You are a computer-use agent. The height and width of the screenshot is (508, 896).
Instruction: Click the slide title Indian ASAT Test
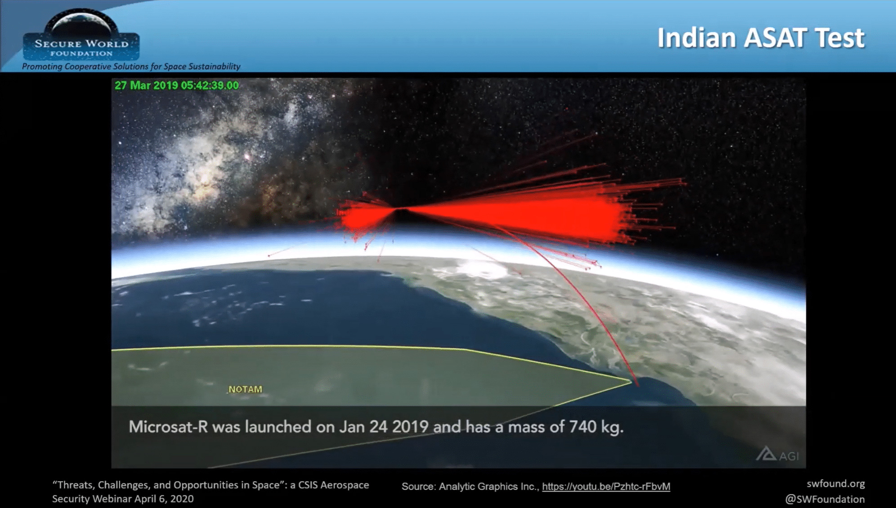pyautogui.click(x=761, y=37)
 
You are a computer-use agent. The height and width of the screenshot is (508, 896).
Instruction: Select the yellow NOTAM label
pyautogui.click(x=245, y=389)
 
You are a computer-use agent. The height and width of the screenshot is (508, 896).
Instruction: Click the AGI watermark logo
pyautogui.click(x=778, y=454)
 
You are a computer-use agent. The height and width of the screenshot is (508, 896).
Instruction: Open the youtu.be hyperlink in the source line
pyautogui.click(x=606, y=486)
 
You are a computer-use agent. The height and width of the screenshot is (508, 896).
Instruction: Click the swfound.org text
pyautogui.click(x=836, y=484)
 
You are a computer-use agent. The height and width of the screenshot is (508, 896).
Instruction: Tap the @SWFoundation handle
pyautogui.click(x=825, y=499)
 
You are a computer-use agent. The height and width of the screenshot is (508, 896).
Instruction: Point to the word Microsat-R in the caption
pyautogui.click(x=168, y=427)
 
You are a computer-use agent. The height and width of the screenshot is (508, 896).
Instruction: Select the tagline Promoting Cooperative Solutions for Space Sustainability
pyautogui.click(x=131, y=67)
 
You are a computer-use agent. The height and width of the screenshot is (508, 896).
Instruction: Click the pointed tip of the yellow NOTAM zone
pyautogui.click(x=632, y=381)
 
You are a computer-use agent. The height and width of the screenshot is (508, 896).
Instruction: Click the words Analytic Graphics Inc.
pyautogui.click(x=488, y=486)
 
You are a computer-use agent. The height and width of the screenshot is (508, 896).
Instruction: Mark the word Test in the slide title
pyautogui.click(x=840, y=37)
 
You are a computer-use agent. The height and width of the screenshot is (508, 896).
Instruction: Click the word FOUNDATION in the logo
pyautogui.click(x=81, y=53)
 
